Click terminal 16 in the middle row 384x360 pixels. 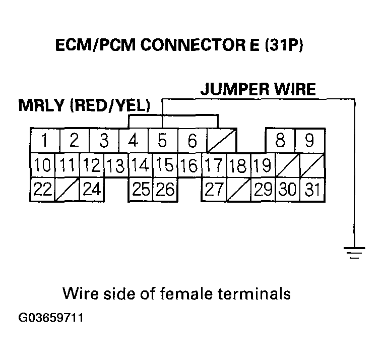[x=189, y=165]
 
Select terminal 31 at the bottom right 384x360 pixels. [x=313, y=190]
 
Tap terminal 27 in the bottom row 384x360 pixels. [x=214, y=190]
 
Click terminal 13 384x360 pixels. [x=116, y=165]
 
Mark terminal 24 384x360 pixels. [x=92, y=190]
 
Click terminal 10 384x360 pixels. [x=42, y=165]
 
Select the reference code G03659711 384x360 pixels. [x=50, y=318]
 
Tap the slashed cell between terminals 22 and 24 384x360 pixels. [x=67, y=190]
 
